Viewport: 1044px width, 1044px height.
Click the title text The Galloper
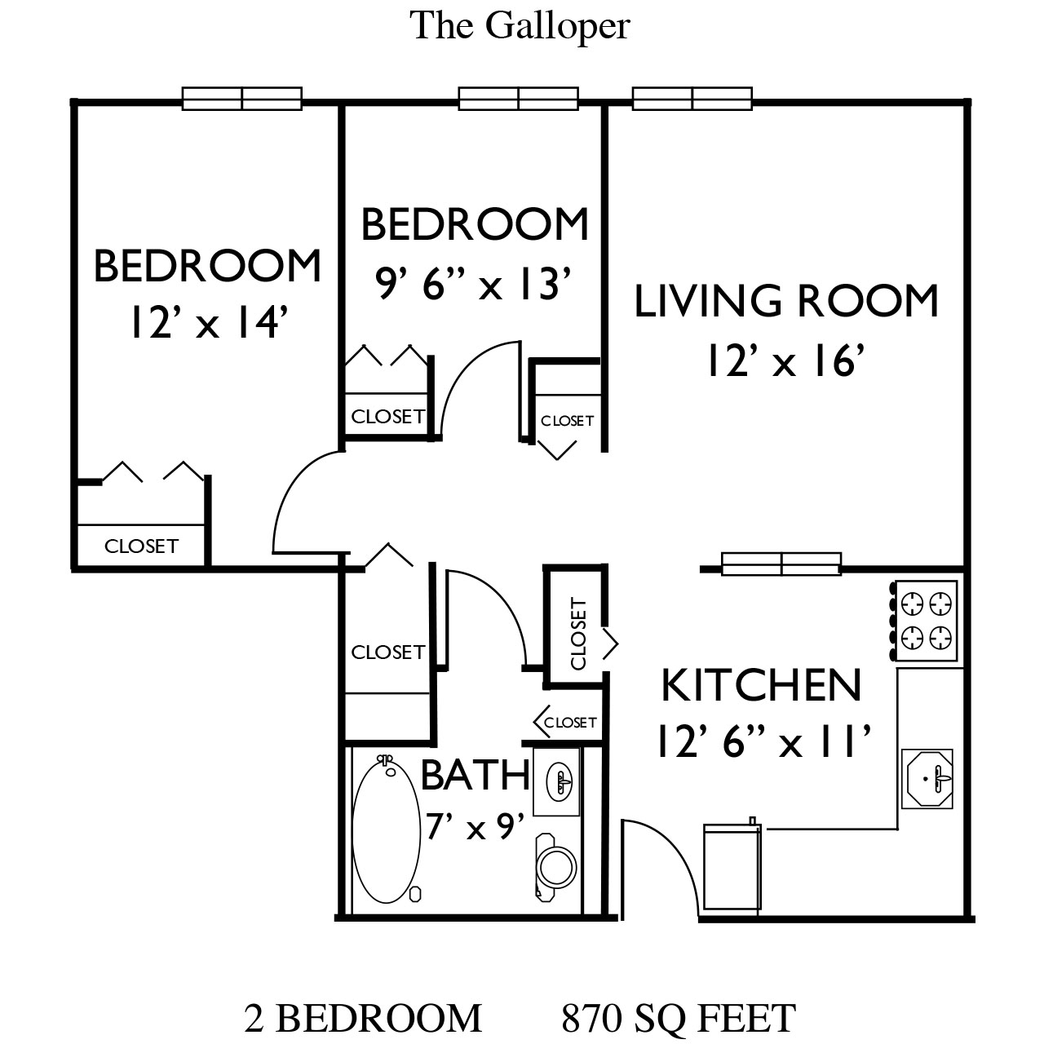click(520, 26)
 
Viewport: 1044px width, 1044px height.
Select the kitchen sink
click(927, 779)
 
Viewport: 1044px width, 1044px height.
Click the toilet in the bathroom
click(555, 866)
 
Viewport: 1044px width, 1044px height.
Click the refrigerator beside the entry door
click(732, 865)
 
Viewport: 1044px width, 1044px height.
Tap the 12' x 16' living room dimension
click(785, 361)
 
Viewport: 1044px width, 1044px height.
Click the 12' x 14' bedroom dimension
click(208, 322)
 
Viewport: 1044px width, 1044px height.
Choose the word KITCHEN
click(761, 685)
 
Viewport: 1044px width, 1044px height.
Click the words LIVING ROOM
click(786, 301)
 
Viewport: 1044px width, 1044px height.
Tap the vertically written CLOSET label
click(578, 634)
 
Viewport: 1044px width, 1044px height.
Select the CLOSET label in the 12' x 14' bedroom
click(141, 546)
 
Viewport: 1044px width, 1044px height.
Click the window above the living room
click(692, 99)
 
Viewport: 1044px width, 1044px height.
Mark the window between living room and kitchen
click(781, 564)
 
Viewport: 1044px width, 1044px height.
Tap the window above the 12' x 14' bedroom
click(241, 99)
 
